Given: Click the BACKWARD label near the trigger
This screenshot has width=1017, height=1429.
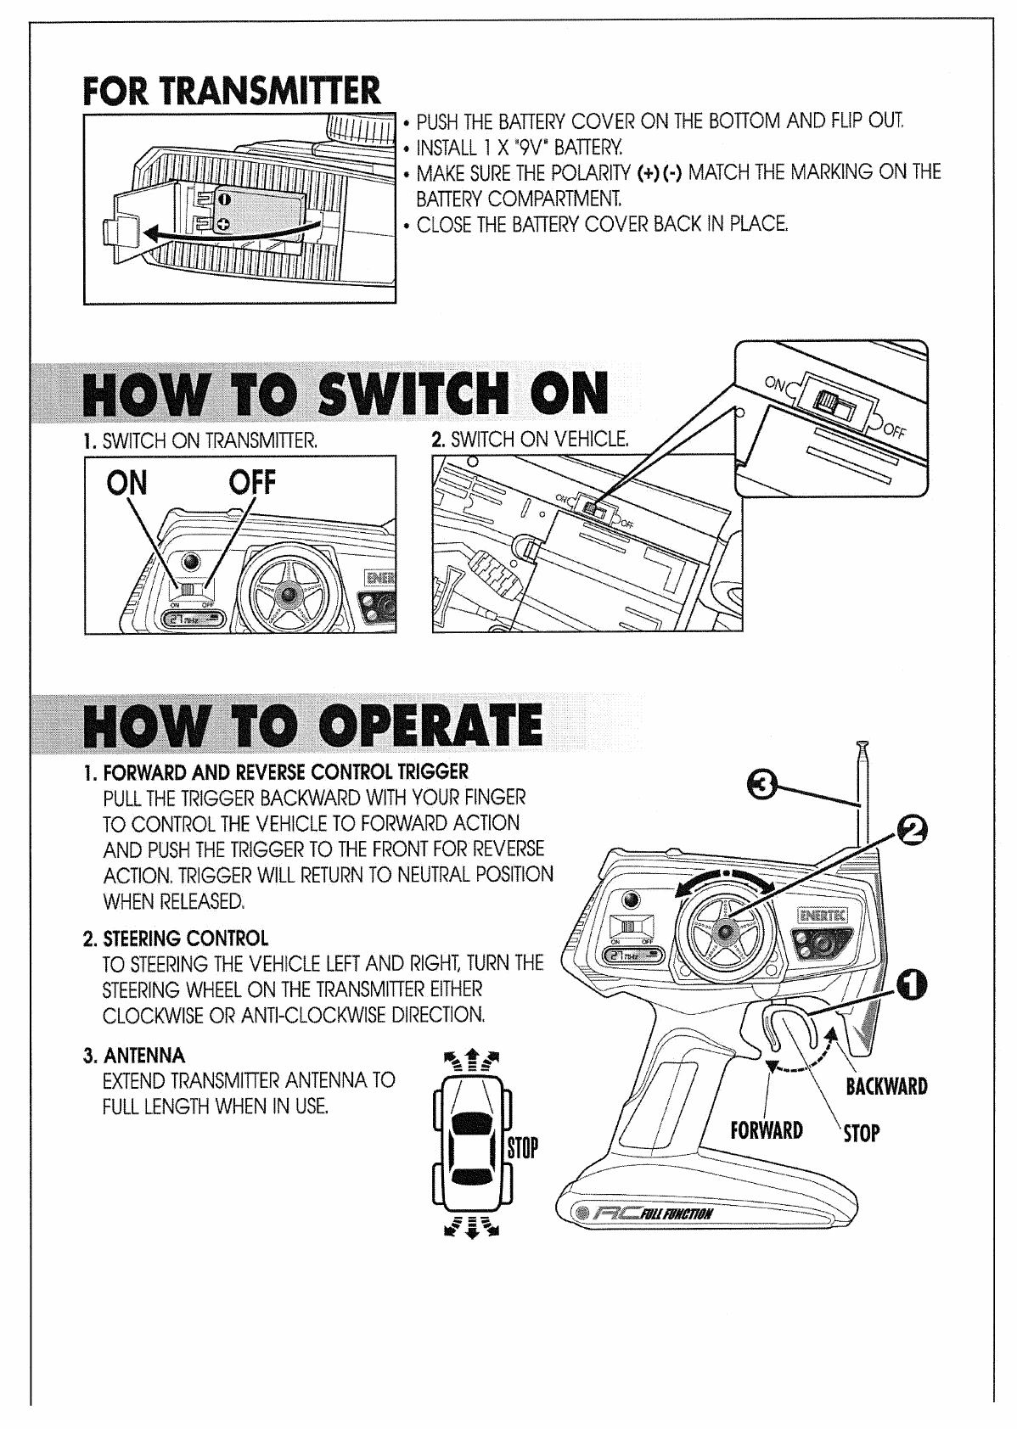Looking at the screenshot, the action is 885,1086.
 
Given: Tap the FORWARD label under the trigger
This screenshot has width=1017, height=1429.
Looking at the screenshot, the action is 766,1130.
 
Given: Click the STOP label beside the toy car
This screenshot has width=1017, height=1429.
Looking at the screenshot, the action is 522,1150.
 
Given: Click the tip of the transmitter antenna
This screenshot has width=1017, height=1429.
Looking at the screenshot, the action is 862,746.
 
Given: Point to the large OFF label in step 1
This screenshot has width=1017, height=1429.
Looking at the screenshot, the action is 252,482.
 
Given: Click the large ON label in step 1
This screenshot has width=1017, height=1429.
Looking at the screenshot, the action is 126,483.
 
